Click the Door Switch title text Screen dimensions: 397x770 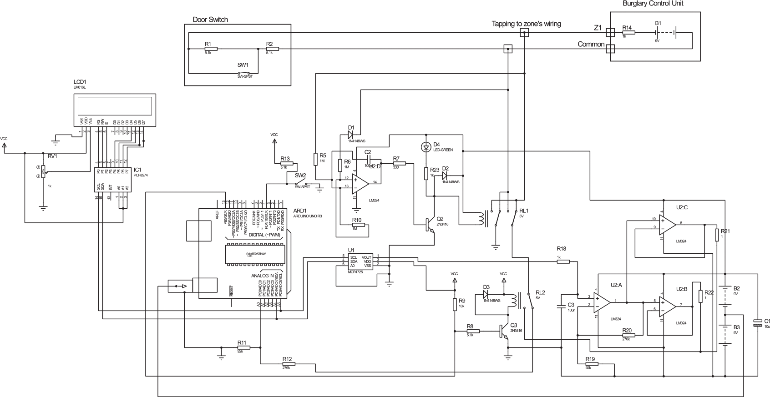point(210,20)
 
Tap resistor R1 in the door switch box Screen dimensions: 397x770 point(211,49)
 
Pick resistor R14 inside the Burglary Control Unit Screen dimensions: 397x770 point(628,32)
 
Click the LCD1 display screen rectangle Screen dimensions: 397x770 point(115,106)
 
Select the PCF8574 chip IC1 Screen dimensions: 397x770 point(112,180)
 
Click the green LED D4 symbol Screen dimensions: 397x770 point(426,147)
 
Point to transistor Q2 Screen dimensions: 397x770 point(430,223)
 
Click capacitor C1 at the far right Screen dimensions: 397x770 point(757,323)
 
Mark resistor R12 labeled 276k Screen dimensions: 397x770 point(289,364)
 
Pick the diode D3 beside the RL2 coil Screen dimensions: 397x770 point(486,293)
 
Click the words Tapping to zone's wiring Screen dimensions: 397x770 point(526,24)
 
